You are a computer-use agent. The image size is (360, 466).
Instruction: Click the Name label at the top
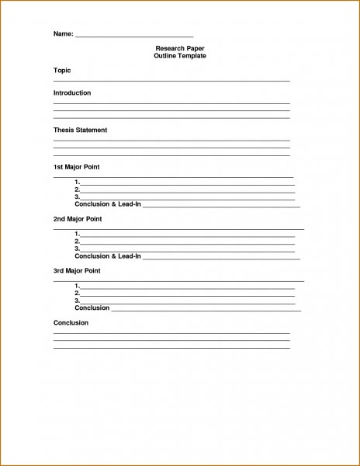pos(63,35)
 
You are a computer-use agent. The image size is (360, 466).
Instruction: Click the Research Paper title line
pos(180,49)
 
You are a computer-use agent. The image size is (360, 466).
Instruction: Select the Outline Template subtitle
pos(180,57)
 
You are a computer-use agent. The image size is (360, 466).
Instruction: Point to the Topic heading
pos(62,71)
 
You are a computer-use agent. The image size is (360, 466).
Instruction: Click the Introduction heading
pos(72,93)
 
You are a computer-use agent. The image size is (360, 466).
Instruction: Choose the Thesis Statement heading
pos(80,130)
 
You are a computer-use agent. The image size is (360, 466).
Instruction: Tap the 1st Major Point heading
pos(76,167)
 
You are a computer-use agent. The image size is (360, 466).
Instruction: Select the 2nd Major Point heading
pos(78,219)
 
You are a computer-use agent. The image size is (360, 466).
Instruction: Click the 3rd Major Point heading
pos(77,270)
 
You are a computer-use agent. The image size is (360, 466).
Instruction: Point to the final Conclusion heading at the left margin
pos(71,322)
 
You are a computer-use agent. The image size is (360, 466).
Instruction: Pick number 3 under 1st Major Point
pos(77,196)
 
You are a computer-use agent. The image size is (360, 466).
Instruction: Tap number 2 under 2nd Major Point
pos(77,242)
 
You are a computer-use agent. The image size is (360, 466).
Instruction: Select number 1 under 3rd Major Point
pos(77,286)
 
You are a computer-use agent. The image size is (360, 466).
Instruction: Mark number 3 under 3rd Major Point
pos(77,300)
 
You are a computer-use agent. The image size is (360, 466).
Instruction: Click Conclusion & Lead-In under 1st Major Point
pos(108,204)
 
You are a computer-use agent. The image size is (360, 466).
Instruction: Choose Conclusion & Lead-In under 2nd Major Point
pos(108,256)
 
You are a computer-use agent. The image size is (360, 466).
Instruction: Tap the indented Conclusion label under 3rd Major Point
pos(92,308)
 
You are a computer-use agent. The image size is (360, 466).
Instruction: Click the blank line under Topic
pos(171,80)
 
